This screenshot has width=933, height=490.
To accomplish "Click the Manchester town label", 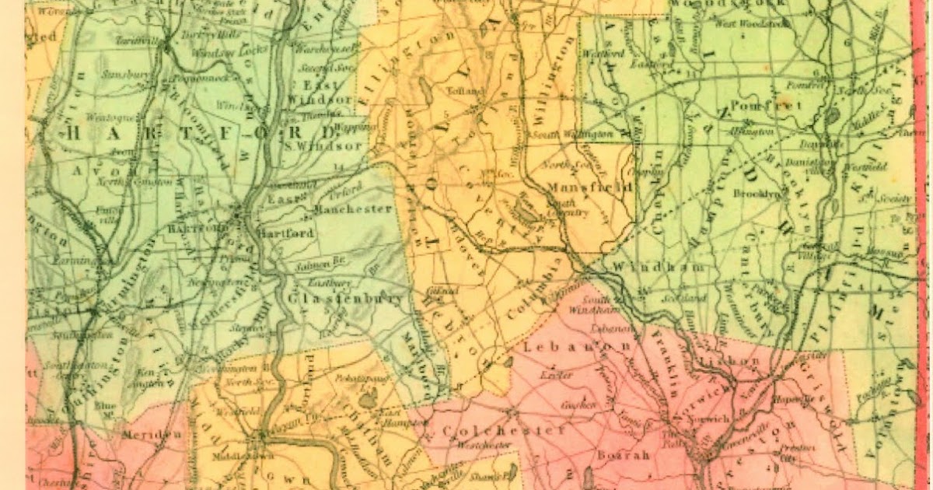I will coord(352,209).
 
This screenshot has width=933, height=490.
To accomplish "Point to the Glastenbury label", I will coord(346,299).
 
